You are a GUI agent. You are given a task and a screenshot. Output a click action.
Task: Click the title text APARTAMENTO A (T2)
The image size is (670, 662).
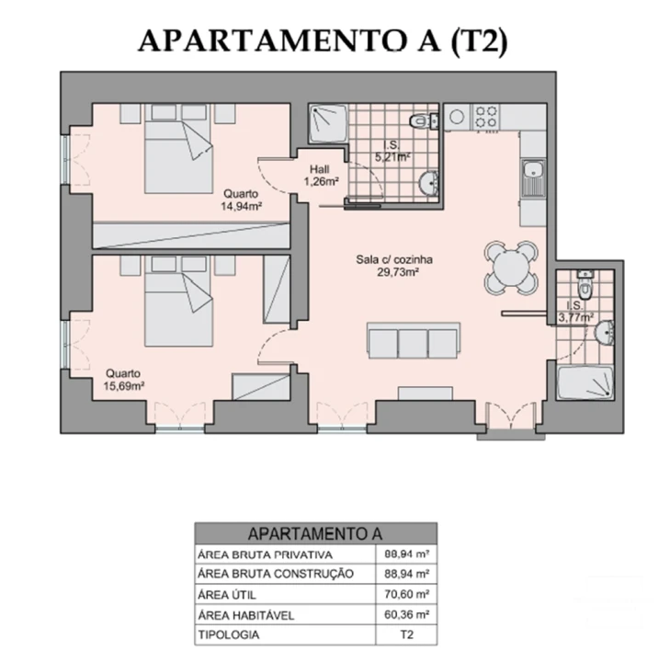coord(322,41)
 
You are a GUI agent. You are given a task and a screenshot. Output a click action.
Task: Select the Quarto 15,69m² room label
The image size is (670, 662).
coord(122,380)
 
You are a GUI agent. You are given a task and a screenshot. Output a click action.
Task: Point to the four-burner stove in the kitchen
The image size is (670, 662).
coord(485,117)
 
